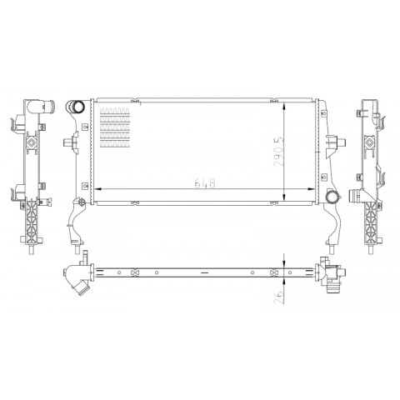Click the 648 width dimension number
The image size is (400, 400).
(x=205, y=183)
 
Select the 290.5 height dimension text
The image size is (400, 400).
(x=279, y=151)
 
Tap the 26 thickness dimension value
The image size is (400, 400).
(x=280, y=297)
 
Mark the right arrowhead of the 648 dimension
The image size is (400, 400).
(x=311, y=189)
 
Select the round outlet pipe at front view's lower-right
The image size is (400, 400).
(x=332, y=197)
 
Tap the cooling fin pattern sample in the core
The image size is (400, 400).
(x=115, y=127)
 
